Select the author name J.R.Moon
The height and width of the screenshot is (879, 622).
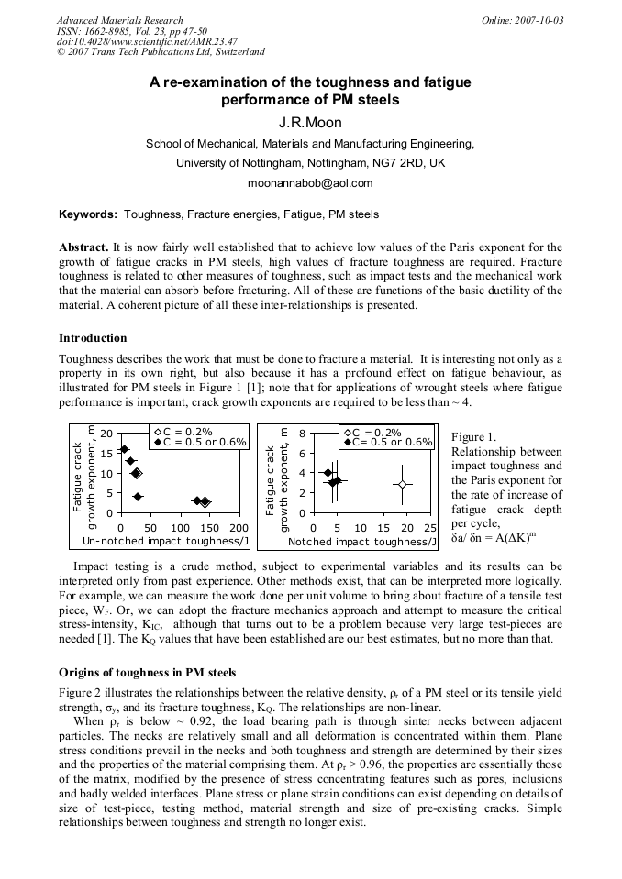(x=310, y=122)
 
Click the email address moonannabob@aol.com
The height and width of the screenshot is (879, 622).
(x=310, y=183)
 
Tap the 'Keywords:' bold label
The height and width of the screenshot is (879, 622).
(x=88, y=215)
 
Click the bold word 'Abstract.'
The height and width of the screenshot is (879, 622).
(x=83, y=247)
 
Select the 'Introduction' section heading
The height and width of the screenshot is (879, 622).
(x=93, y=338)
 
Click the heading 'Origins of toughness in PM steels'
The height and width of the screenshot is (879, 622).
(x=148, y=673)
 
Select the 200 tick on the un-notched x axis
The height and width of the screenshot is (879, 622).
(x=239, y=528)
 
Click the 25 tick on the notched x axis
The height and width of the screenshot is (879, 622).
(x=430, y=528)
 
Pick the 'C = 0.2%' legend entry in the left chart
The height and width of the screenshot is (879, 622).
(x=187, y=431)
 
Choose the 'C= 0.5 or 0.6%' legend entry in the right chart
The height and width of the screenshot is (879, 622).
(x=386, y=442)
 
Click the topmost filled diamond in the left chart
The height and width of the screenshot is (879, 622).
(x=125, y=449)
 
